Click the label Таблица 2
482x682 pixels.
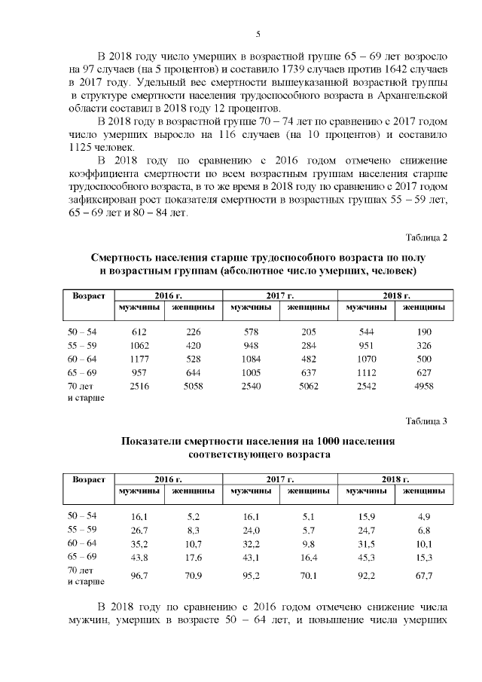(x=426, y=238)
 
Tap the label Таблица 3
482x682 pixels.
(x=426, y=421)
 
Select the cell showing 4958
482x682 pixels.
(x=423, y=386)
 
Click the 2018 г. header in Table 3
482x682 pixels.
(x=395, y=479)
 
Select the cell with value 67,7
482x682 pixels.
(x=423, y=576)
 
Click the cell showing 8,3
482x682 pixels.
(x=193, y=531)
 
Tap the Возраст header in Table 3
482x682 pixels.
(x=87, y=479)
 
